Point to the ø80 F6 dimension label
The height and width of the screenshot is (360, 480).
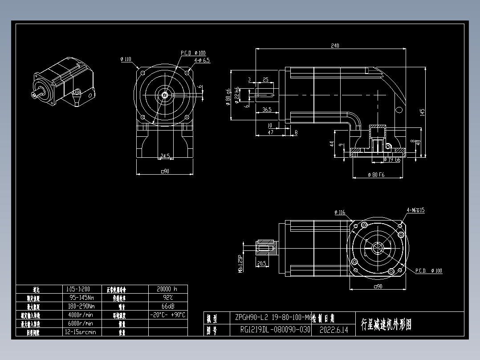coord(376,175)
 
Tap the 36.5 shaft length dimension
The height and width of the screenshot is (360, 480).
coord(267,109)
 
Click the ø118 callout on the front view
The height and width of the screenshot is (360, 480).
coord(126,59)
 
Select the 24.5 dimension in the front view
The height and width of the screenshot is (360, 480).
coord(165,156)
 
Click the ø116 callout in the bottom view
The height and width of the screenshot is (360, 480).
coord(340,213)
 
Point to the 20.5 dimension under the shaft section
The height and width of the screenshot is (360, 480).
coord(262,263)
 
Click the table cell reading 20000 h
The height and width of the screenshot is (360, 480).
coord(167,289)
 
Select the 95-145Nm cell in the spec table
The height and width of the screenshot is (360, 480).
coord(81,297)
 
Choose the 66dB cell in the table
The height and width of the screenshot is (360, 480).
coord(167,306)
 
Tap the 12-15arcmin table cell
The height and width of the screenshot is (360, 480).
coord(81,332)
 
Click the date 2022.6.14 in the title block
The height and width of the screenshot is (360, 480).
coord(334,330)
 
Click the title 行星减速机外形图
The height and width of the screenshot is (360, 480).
coord(386,324)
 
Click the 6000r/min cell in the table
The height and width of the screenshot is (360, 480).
coord(81,323)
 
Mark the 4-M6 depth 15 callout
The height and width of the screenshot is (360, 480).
coord(415,210)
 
